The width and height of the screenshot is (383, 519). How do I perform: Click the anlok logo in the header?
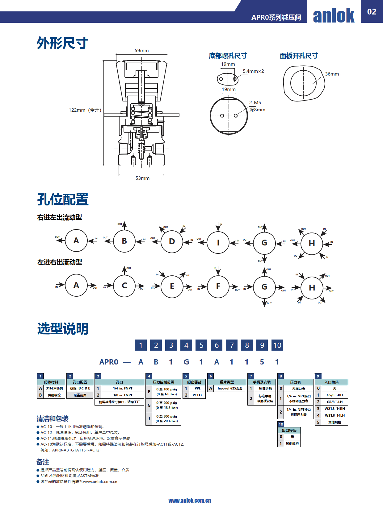coord(334,15)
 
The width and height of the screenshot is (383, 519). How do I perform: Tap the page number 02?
coord(372,12)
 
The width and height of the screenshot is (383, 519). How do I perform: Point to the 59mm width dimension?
coord(141,51)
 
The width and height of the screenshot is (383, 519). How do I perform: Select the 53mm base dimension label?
coord(142,178)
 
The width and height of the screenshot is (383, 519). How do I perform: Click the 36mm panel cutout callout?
coord(332,74)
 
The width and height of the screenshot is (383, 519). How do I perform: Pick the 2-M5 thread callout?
coord(255,103)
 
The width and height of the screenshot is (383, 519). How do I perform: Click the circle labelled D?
coord(172,241)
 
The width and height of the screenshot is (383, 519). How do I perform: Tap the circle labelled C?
coord(124,286)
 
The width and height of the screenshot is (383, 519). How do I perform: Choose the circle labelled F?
coord(218,286)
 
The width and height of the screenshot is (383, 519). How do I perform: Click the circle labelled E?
coord(172,286)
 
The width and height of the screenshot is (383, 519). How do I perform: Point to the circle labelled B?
coord(124,241)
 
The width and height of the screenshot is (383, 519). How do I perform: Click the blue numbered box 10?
coord(277,345)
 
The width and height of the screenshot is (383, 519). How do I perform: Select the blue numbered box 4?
coord(186,345)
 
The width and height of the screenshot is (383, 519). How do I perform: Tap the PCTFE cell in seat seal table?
coord(197,395)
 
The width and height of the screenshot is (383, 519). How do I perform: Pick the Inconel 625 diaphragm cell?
coord(230,389)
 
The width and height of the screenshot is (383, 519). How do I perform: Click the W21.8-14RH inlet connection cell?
coord(335,409)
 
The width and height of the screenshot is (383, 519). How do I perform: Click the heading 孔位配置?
coord(63,200)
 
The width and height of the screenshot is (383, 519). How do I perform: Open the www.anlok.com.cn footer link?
coord(190,501)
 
